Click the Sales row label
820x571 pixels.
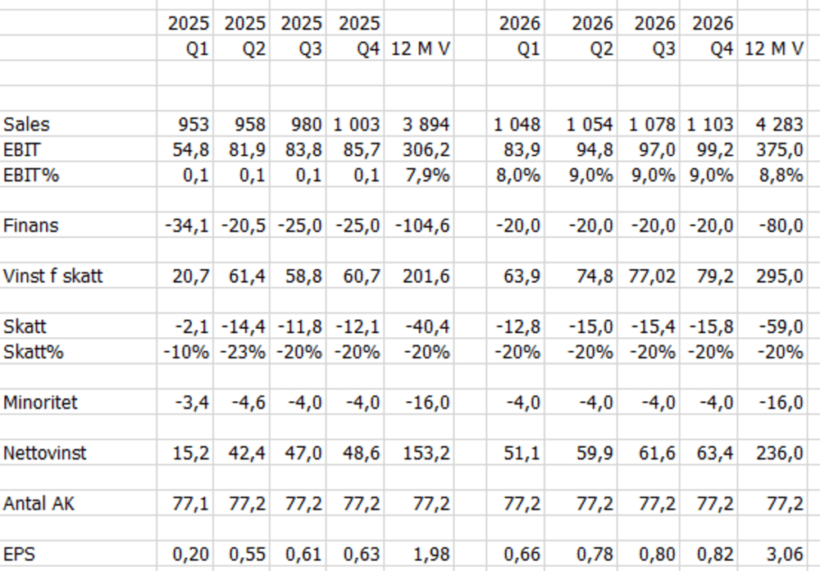click(26, 125)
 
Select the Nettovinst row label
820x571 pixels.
click(44, 453)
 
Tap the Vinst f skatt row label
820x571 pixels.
click(52, 276)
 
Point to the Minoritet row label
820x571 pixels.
click(40, 403)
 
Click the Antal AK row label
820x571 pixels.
click(39, 504)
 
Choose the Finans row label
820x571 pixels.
click(31, 226)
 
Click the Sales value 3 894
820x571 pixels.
click(426, 125)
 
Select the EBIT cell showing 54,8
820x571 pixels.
click(190, 150)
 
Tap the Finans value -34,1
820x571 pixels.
click(187, 226)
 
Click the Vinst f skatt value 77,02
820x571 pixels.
click(652, 276)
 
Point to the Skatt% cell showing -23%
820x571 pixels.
click(243, 352)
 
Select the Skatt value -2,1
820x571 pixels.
click(192, 327)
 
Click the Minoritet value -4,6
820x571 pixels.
click(248, 403)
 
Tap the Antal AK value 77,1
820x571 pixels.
click(190, 504)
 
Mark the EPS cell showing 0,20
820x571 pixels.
click(190, 554)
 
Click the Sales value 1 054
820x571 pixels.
click(590, 125)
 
